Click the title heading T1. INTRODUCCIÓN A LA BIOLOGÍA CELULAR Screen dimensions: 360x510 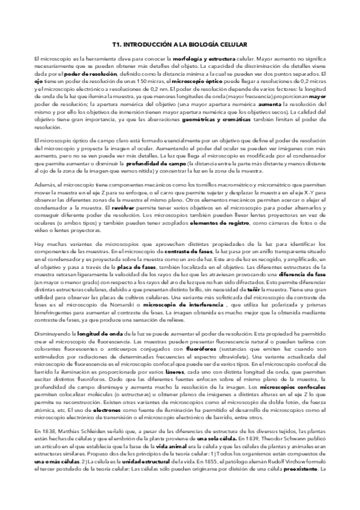tap(180, 45)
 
